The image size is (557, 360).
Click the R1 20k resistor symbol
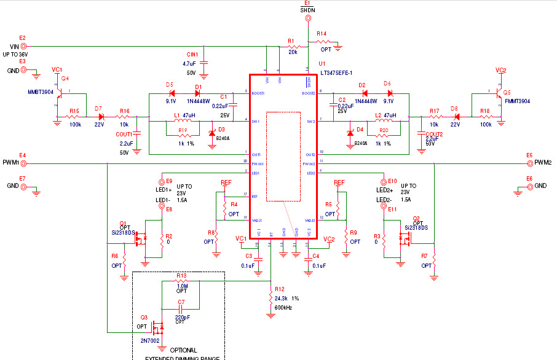(x=293, y=46)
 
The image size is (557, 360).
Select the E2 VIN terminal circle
(x=24, y=46)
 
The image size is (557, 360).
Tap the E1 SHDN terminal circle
(x=307, y=18)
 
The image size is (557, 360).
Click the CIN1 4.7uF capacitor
(x=205, y=63)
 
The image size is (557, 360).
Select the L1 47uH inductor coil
(x=185, y=121)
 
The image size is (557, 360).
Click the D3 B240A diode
(x=213, y=133)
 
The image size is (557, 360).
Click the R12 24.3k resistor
(x=271, y=297)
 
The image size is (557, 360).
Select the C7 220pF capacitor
(x=181, y=307)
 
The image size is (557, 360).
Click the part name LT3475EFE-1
(x=335, y=72)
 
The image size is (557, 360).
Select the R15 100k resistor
(x=74, y=116)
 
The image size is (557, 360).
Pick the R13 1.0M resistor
(x=181, y=281)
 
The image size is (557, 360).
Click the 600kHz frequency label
(x=283, y=307)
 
